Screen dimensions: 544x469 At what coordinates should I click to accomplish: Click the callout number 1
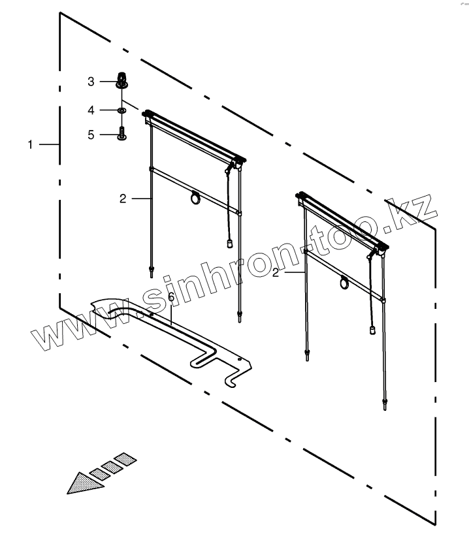point(30,144)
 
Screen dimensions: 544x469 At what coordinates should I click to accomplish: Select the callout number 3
point(92,82)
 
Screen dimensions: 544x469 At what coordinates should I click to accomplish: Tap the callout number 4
point(92,109)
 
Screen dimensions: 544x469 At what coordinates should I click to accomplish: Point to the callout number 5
point(92,135)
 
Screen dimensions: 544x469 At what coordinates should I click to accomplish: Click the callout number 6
point(171,297)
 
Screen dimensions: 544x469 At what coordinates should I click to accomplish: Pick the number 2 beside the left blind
point(123,199)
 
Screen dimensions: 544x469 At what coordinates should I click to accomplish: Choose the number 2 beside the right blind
point(276,272)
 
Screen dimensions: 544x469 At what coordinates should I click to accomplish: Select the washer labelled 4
point(122,110)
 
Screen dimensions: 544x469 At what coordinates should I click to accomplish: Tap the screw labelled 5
point(122,135)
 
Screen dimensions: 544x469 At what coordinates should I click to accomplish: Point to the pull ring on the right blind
point(344,282)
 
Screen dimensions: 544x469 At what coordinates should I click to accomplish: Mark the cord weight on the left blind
point(230,244)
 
